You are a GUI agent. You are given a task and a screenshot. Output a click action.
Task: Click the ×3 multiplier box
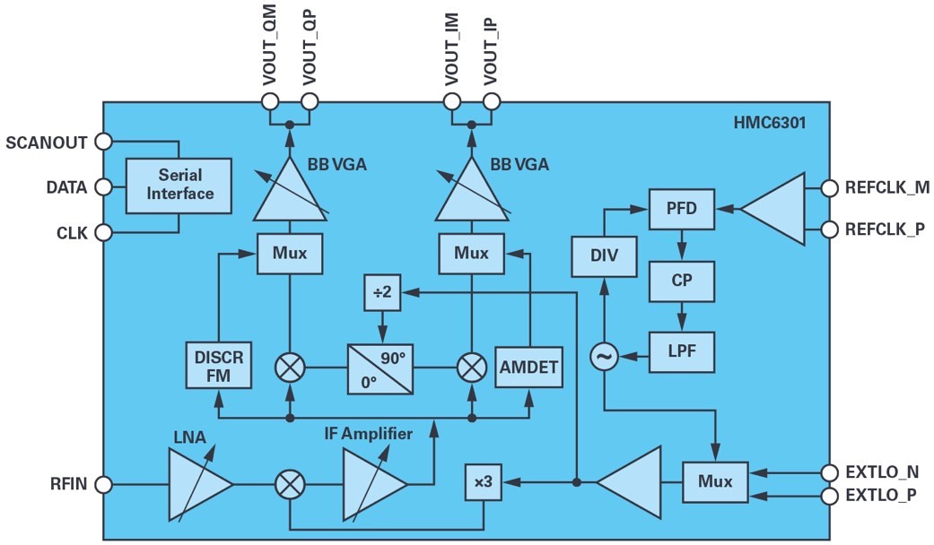click(483, 483)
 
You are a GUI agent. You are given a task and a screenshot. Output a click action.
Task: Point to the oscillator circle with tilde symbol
click(603, 358)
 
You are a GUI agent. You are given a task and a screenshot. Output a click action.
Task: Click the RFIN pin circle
click(103, 485)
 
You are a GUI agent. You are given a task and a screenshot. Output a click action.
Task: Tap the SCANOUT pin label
click(47, 142)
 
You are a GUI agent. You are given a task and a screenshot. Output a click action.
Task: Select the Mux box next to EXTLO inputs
click(715, 482)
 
